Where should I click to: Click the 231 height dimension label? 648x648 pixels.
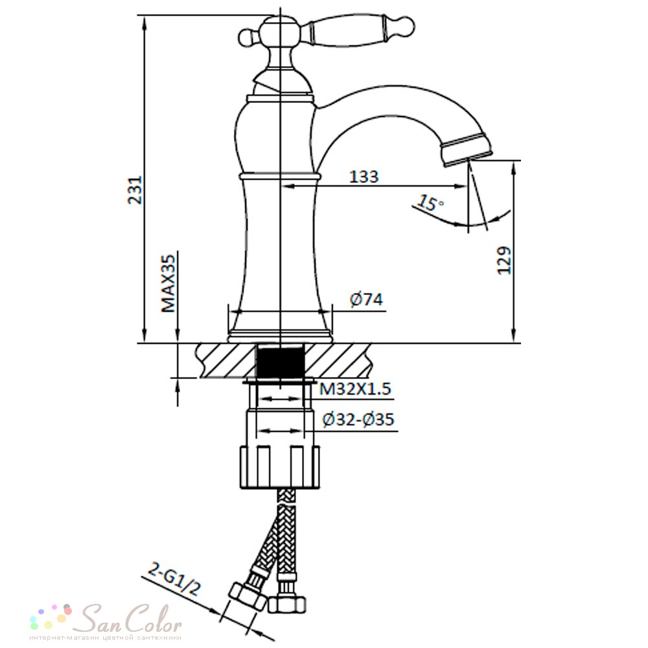click(x=135, y=190)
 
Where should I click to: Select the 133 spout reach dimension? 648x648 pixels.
click(x=364, y=176)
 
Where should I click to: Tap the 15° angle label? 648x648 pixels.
click(x=430, y=203)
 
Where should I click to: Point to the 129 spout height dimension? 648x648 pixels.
click(x=503, y=260)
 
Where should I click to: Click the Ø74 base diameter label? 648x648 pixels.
click(x=367, y=299)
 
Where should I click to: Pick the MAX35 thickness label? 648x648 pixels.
click(x=168, y=283)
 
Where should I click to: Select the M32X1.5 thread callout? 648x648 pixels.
click(x=355, y=389)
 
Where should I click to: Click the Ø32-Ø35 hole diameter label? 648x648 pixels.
click(x=358, y=419)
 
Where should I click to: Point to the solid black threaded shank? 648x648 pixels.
click(x=281, y=360)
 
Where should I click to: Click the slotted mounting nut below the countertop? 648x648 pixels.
click(x=280, y=467)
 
